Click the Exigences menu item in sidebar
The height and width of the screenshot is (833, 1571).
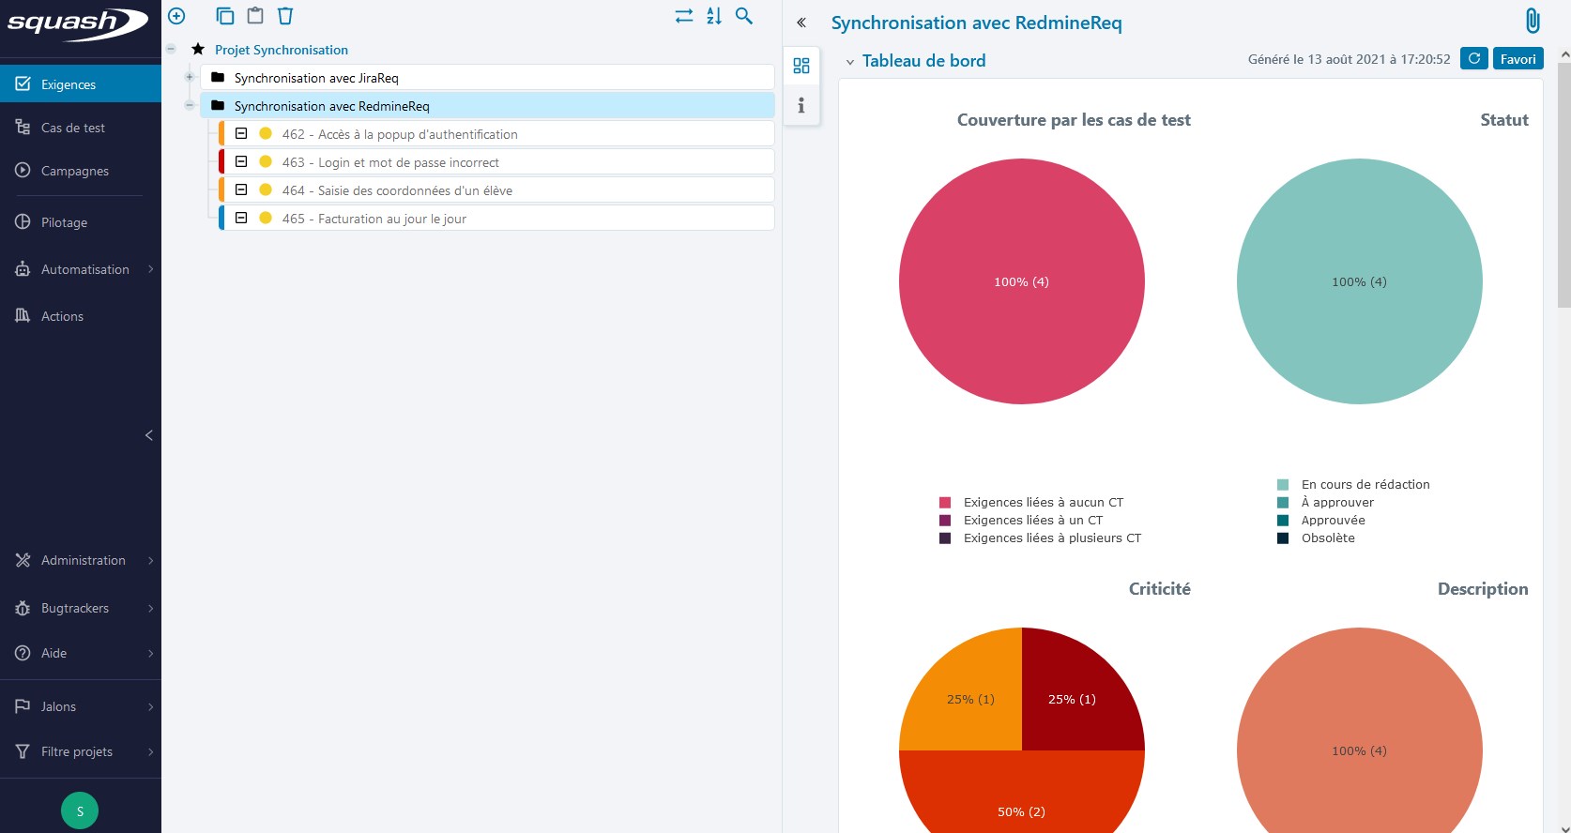[68, 84]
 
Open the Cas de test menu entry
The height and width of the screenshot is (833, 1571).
[72, 128]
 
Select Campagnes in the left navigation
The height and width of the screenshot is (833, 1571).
[74, 171]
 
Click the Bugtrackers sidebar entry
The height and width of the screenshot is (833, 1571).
[74, 608]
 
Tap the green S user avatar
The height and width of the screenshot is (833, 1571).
[80, 810]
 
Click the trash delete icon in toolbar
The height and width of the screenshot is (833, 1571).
[285, 16]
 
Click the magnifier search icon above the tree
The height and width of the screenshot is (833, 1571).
[744, 16]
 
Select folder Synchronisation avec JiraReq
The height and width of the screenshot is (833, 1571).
[316, 78]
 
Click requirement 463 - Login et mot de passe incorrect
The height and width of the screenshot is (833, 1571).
[390, 162]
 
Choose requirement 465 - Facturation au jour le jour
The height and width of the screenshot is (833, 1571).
[374, 219]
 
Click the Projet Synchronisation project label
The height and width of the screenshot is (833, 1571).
[281, 50]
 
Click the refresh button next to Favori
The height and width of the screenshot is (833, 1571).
[1474, 59]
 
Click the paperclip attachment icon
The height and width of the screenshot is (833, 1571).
[1533, 21]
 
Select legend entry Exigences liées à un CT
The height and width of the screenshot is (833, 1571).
[1032, 520]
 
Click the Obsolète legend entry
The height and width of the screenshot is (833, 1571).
[1327, 538]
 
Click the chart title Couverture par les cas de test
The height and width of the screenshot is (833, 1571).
[1074, 120]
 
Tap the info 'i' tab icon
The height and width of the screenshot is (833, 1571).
[801, 105]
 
